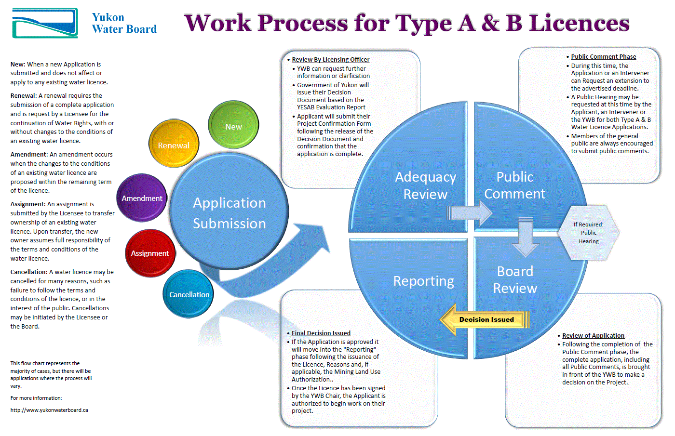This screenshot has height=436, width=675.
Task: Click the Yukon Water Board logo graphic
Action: (45, 23)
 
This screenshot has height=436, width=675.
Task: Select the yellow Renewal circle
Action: (174, 144)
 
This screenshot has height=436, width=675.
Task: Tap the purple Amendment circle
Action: (142, 198)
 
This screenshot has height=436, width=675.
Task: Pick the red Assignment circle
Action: (150, 253)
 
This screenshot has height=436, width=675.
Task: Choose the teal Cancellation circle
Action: (189, 294)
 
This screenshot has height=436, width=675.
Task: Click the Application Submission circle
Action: (229, 213)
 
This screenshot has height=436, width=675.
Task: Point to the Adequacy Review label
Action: (425, 185)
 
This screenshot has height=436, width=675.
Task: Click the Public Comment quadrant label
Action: (514, 185)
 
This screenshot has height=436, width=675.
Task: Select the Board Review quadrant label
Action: (515, 279)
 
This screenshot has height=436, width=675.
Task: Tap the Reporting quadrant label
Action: (423, 281)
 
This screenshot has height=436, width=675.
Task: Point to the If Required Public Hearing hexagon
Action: (588, 233)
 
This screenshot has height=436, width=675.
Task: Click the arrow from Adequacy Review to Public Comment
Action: (469, 212)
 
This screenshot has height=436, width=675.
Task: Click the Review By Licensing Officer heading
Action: (330, 60)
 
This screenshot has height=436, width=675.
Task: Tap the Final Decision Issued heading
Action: (321, 333)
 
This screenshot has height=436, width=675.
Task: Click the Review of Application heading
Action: (593, 335)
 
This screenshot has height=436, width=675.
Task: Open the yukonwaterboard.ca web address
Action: (49, 410)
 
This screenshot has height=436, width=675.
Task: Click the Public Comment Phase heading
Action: (603, 56)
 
